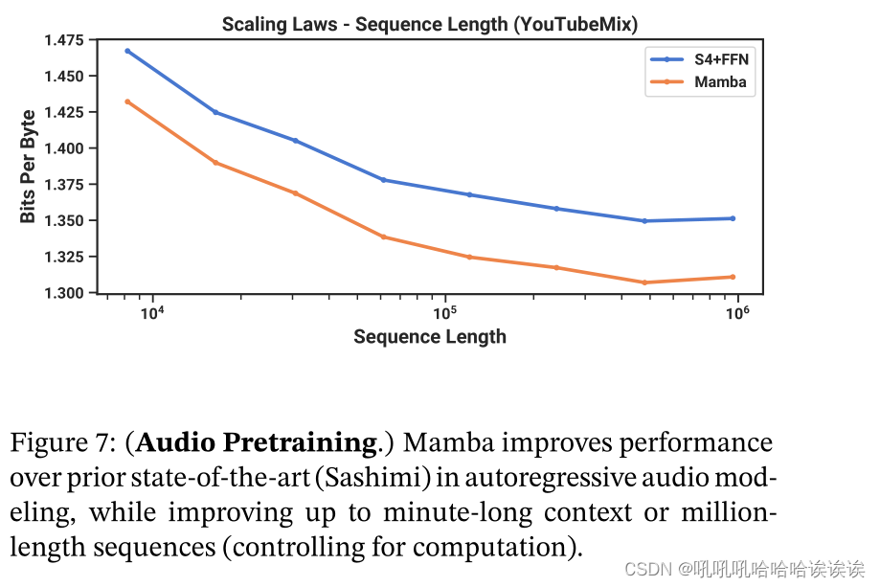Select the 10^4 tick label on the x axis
[x=151, y=313]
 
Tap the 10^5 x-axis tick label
[x=444, y=313]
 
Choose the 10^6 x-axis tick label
[x=737, y=313]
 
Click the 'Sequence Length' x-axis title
[x=429, y=336]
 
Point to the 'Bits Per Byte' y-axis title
[x=28, y=166]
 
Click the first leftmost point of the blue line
[x=127, y=51]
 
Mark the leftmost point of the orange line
[x=127, y=102]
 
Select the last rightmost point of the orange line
[x=733, y=277]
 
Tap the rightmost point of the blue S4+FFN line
[x=733, y=218]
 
